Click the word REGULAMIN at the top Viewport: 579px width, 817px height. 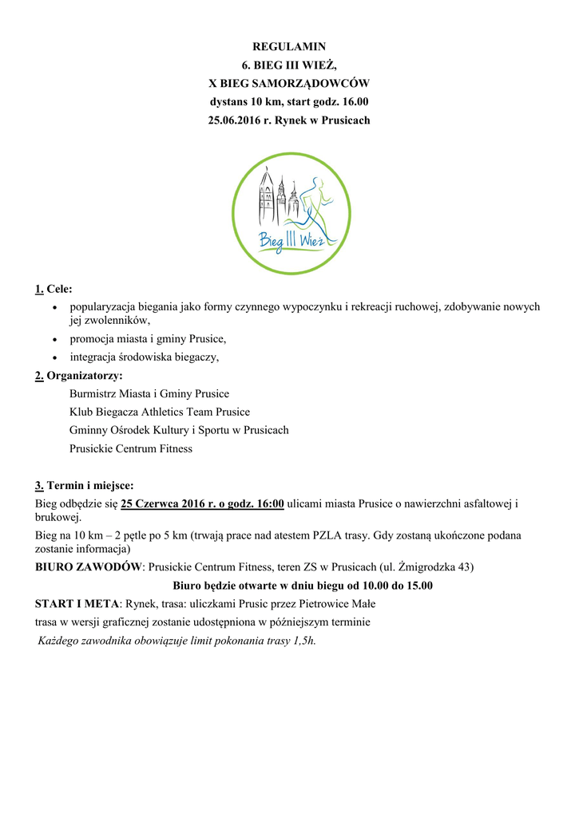coord(289,47)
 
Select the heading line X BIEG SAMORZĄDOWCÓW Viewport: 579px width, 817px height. coord(289,84)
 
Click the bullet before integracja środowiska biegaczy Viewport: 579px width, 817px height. coord(54,358)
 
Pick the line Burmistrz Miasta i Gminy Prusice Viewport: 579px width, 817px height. coord(149,394)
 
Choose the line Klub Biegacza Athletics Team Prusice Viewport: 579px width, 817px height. coord(160,412)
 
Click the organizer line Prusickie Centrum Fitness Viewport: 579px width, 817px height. coord(131,448)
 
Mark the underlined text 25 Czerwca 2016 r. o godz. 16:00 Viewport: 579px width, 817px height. coord(203,503)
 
